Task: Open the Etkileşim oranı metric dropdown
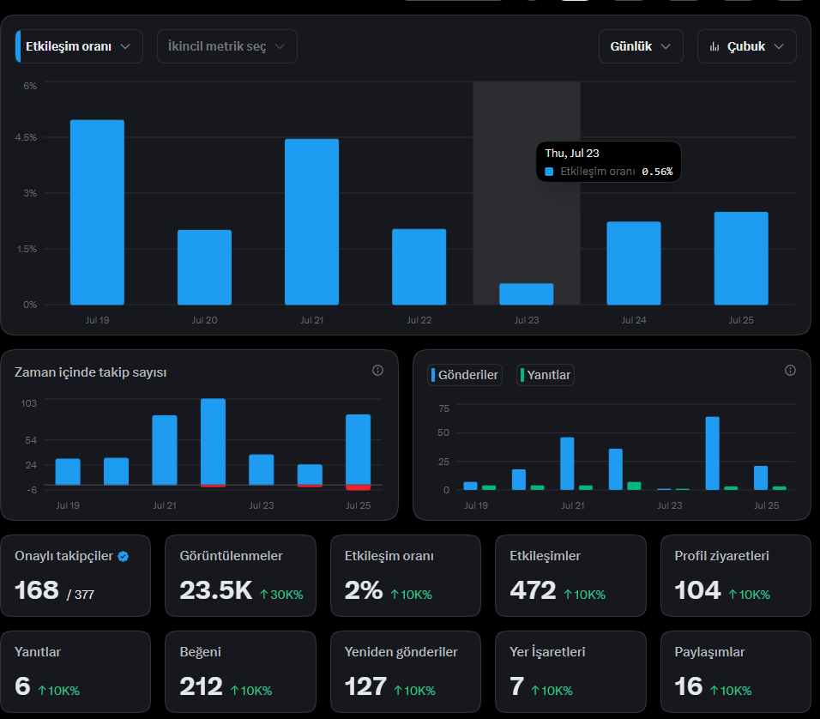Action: (x=79, y=46)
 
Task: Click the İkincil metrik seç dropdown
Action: (x=227, y=46)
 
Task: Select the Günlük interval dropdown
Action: (x=641, y=46)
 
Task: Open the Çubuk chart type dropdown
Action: (x=747, y=46)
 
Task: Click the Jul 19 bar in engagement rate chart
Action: (x=97, y=212)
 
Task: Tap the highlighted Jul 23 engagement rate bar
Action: (x=526, y=294)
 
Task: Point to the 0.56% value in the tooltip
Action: (x=657, y=172)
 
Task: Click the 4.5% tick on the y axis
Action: (x=26, y=137)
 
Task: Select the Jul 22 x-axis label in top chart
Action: (x=419, y=320)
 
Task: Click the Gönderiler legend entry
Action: (x=465, y=375)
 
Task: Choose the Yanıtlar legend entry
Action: (x=546, y=375)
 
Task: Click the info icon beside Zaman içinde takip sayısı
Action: (x=377, y=371)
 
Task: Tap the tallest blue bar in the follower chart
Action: (x=214, y=442)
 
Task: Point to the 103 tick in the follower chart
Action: (x=29, y=403)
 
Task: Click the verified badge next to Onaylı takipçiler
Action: (x=124, y=556)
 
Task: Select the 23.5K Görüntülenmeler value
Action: (x=216, y=590)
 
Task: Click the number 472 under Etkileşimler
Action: (x=533, y=590)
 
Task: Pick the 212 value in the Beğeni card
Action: (x=201, y=686)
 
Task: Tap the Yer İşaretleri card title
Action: (x=547, y=652)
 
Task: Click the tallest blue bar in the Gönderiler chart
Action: (x=712, y=453)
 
